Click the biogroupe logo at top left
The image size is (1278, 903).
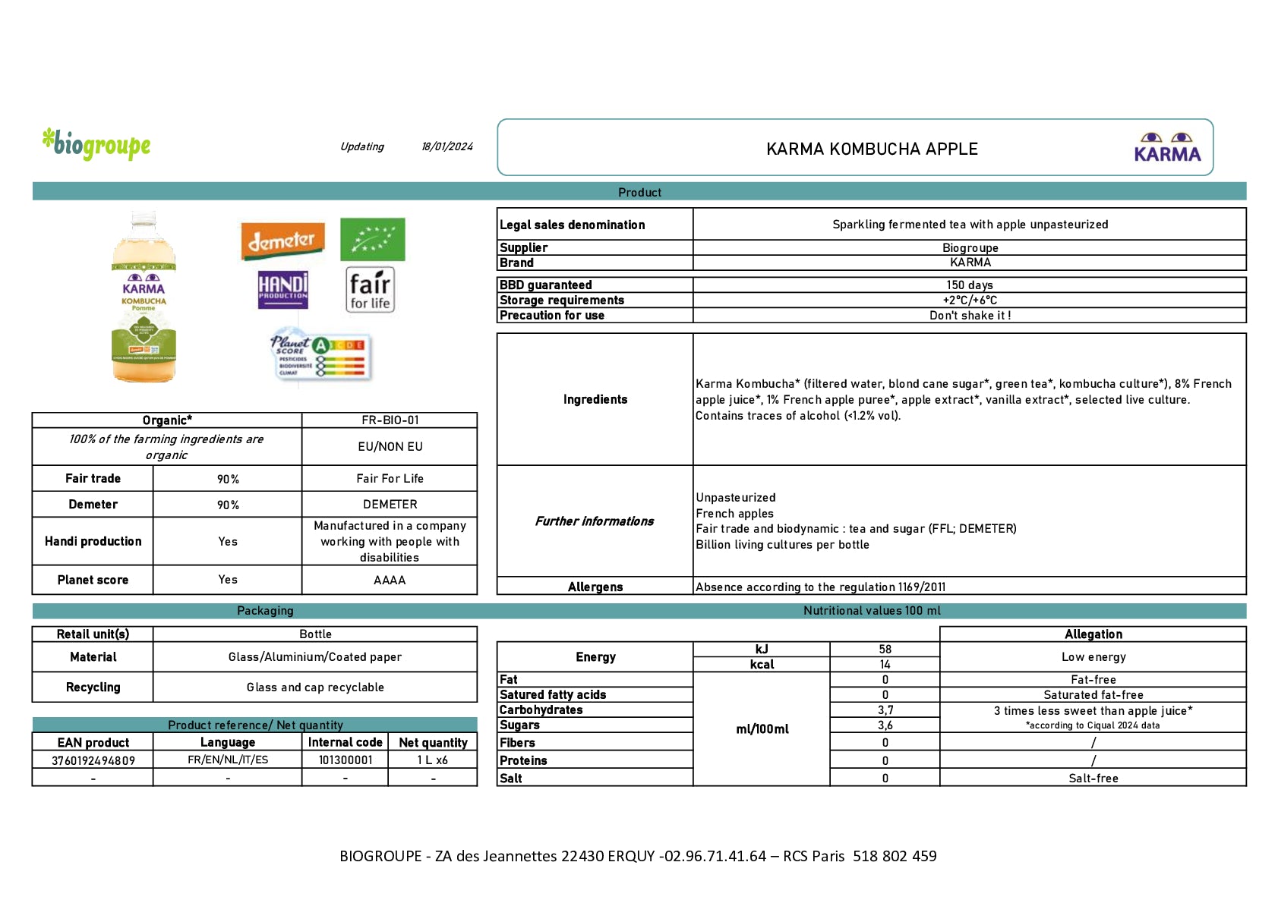(x=96, y=144)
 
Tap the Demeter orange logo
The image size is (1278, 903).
(x=282, y=241)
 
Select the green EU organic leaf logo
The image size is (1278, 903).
(x=372, y=239)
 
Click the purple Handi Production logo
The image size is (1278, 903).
(x=282, y=290)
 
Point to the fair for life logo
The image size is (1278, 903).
(x=370, y=289)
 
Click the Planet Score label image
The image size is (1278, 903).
(x=320, y=355)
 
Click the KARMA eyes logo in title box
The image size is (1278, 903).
(x=1166, y=147)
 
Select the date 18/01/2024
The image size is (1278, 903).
(x=447, y=146)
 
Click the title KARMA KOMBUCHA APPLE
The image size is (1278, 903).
(x=872, y=149)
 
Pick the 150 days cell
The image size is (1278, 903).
(x=969, y=285)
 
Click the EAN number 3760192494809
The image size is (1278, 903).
(x=93, y=760)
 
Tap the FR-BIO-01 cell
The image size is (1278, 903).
(x=390, y=420)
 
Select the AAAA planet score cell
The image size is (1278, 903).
(x=390, y=580)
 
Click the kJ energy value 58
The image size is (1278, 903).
(x=885, y=650)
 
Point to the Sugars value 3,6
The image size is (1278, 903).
(x=885, y=725)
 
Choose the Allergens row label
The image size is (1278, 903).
(x=595, y=587)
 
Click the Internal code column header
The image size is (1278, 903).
(x=345, y=742)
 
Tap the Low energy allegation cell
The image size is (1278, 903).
(x=1093, y=657)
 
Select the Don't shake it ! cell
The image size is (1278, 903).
(x=969, y=316)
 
